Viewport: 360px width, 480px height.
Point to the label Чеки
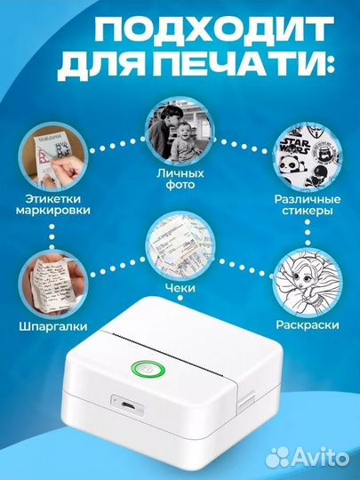[x=178, y=287]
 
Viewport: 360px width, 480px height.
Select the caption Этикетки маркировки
[x=52, y=207]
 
